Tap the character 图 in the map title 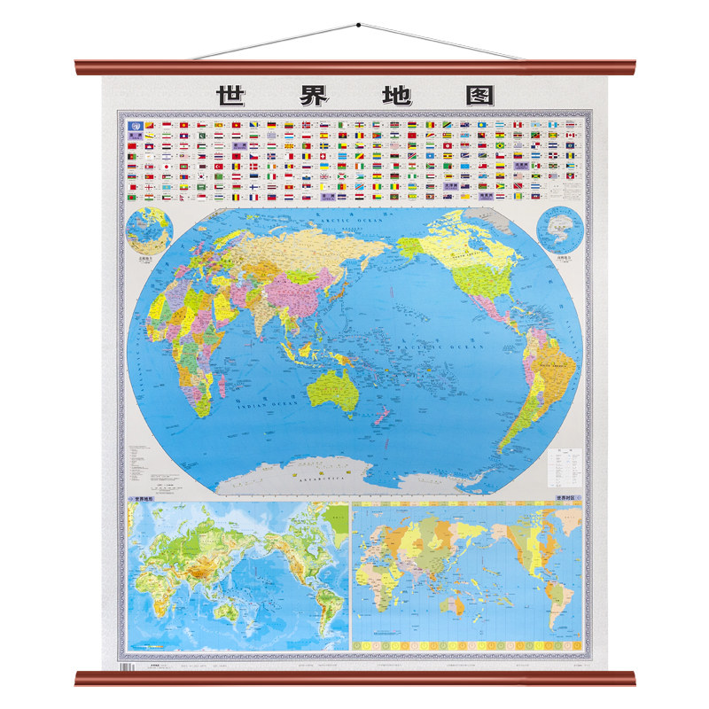click(x=476, y=94)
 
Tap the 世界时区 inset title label click(x=567, y=499)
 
